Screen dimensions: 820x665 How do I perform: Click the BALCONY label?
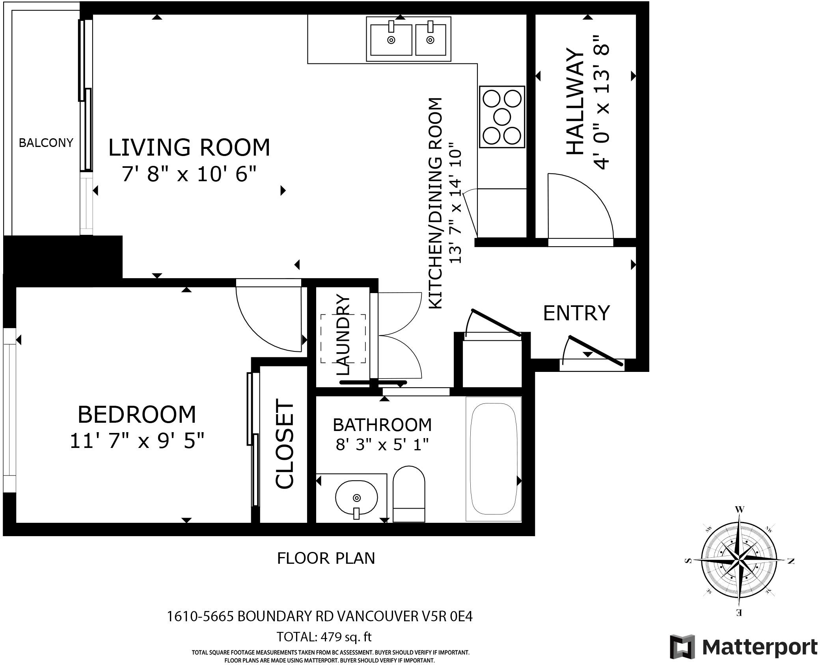[x=46, y=143]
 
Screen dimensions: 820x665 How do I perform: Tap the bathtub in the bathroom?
[x=494, y=459]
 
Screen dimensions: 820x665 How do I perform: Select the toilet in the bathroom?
[x=409, y=494]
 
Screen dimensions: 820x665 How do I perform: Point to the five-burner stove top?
[x=502, y=117]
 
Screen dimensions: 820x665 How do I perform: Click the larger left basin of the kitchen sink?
[x=391, y=40]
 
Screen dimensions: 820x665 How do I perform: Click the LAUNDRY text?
[x=343, y=335]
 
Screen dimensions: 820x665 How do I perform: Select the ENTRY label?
[x=576, y=313]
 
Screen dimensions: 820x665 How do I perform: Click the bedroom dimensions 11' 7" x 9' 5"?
[x=137, y=441]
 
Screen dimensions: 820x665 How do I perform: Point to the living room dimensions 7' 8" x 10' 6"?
[x=189, y=174]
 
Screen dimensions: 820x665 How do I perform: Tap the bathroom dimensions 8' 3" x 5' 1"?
[x=382, y=445]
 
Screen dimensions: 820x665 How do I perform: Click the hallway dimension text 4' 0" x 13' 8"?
[x=602, y=102]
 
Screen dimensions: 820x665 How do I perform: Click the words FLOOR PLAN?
[x=326, y=558]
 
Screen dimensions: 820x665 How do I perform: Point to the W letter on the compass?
[x=740, y=509]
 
